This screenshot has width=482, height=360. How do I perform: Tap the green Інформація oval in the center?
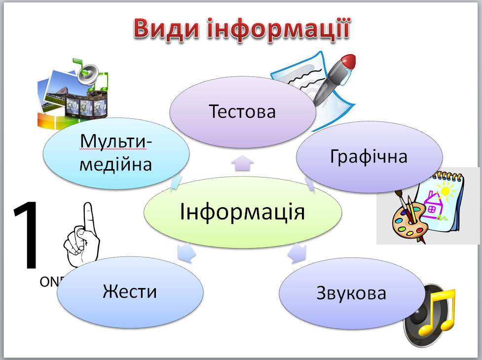(242, 213)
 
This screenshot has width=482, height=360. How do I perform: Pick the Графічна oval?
(369, 157)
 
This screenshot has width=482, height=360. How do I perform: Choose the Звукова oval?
(351, 294)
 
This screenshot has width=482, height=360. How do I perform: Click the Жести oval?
(130, 291)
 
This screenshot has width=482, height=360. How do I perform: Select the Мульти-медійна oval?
(116, 153)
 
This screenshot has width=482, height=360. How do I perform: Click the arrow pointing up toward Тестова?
(242, 164)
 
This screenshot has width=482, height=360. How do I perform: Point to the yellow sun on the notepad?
(446, 190)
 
